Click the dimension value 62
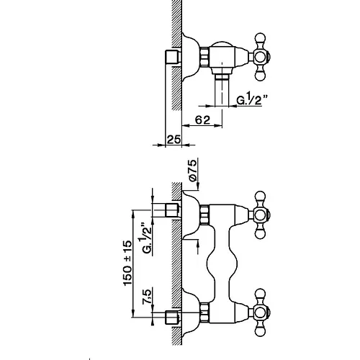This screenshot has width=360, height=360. pyautogui.click(x=202, y=120)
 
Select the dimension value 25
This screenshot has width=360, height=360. pyautogui.click(x=174, y=140)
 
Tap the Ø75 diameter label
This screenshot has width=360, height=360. pyautogui.click(x=192, y=170)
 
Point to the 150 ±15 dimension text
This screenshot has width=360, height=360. pyautogui.click(x=127, y=263)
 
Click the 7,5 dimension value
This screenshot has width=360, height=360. pyautogui.click(x=147, y=297)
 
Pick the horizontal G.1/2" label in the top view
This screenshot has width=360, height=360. pyautogui.click(x=252, y=99)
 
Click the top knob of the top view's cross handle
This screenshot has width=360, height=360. pyautogui.click(x=261, y=39)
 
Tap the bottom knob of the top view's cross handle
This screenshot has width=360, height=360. pyautogui.click(x=261, y=76)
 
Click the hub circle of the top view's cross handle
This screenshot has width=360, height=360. pyautogui.click(x=261, y=58)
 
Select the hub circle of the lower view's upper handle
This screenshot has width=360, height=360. pyautogui.click(x=261, y=215)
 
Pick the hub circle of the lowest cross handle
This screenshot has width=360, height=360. pyautogui.click(x=261, y=312)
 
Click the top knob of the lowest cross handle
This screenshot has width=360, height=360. pyautogui.click(x=261, y=294)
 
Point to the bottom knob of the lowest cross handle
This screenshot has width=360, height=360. pyautogui.click(x=261, y=330)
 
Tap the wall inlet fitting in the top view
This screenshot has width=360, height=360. pyautogui.click(x=173, y=58)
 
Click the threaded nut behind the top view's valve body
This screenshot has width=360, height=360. pyautogui.click(x=204, y=58)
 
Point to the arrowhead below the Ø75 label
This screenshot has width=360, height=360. pyautogui.click(x=198, y=186)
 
